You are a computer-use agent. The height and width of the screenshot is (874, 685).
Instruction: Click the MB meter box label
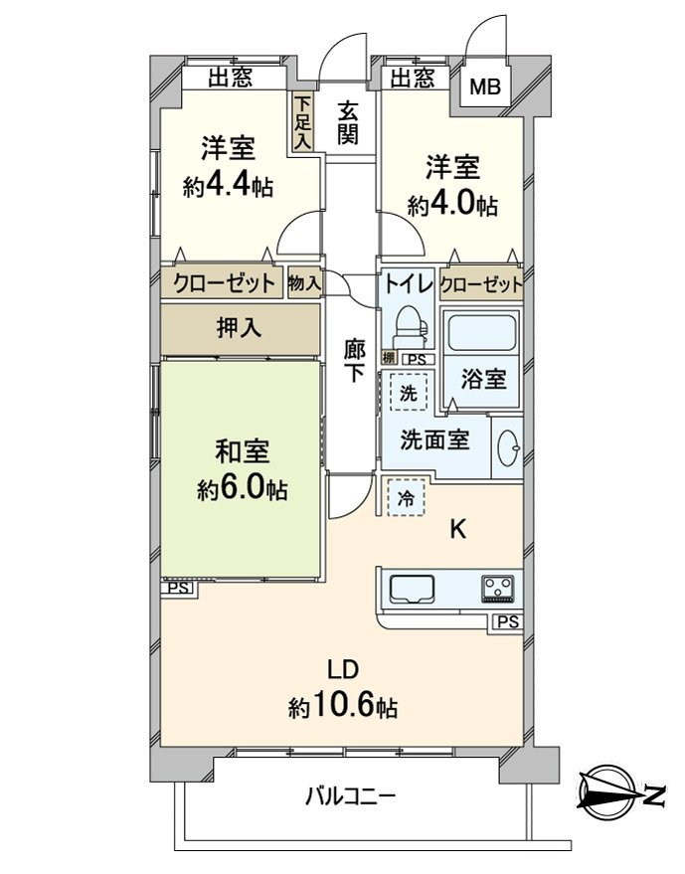tap(485, 87)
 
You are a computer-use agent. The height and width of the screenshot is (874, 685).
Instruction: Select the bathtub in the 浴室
tap(482, 333)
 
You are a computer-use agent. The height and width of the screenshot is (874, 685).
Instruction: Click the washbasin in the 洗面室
tap(508, 447)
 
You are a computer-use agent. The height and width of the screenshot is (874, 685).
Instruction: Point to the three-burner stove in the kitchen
tap(499, 590)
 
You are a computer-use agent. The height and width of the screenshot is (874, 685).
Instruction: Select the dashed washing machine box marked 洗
tap(409, 393)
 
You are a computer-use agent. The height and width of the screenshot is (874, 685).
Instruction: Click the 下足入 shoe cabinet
tap(302, 122)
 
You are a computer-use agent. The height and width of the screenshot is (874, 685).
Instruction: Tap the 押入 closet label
tap(239, 328)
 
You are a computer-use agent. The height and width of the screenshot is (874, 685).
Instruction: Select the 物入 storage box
tap(304, 283)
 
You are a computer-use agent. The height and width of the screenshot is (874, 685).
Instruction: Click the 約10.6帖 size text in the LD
tap(342, 707)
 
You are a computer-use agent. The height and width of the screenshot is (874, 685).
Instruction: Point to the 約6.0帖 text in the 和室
tap(242, 489)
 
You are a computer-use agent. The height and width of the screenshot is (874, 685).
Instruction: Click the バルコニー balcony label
tap(350, 796)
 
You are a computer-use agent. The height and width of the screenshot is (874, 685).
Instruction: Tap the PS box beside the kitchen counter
tap(507, 622)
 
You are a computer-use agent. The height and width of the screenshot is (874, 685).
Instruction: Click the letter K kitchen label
tap(458, 530)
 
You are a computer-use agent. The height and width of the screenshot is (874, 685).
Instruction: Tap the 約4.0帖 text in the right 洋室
tap(452, 206)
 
